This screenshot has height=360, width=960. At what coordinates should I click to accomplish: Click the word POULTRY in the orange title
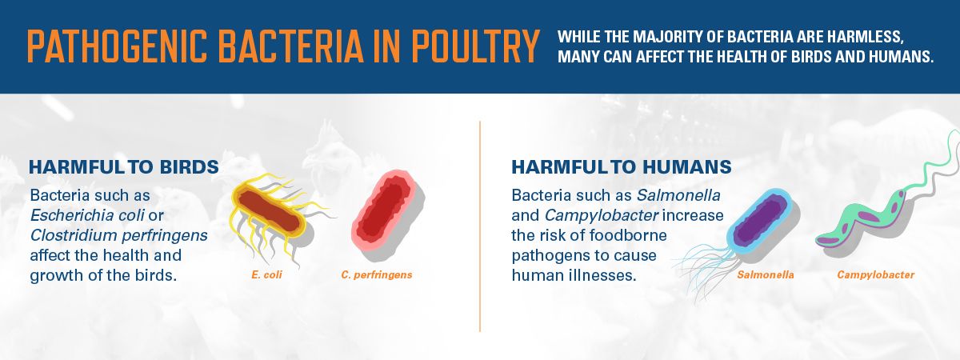[475, 46]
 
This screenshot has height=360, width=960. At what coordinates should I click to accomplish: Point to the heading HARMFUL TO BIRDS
[124, 167]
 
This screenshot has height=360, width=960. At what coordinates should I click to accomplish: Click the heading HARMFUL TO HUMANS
[622, 167]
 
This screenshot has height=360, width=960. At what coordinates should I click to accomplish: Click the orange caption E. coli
[266, 274]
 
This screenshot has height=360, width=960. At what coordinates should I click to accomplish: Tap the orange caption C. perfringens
[377, 275]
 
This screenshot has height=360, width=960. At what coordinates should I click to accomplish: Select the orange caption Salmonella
[766, 274]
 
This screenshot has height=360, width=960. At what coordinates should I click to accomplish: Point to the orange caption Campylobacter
[875, 275]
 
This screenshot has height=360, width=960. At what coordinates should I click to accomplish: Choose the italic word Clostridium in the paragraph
[74, 235]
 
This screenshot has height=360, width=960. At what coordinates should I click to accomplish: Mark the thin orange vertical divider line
[480, 226]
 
